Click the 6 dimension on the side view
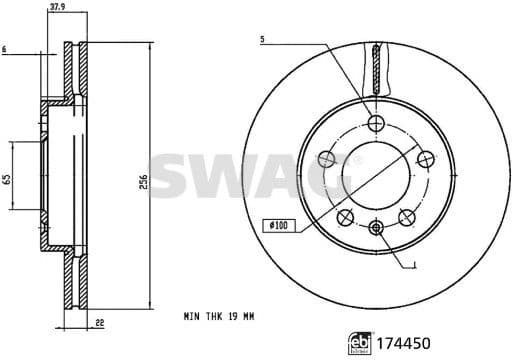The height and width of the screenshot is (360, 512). pyautogui.click(x=5, y=47)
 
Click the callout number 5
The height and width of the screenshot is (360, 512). pyautogui.click(x=262, y=40)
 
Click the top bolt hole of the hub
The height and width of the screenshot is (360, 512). pyautogui.click(x=376, y=123)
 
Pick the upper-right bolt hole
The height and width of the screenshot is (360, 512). pyautogui.click(x=424, y=157)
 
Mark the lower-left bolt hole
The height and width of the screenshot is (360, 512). pyautogui.click(x=346, y=216)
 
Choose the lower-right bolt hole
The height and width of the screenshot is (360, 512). pyautogui.click(x=406, y=216)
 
